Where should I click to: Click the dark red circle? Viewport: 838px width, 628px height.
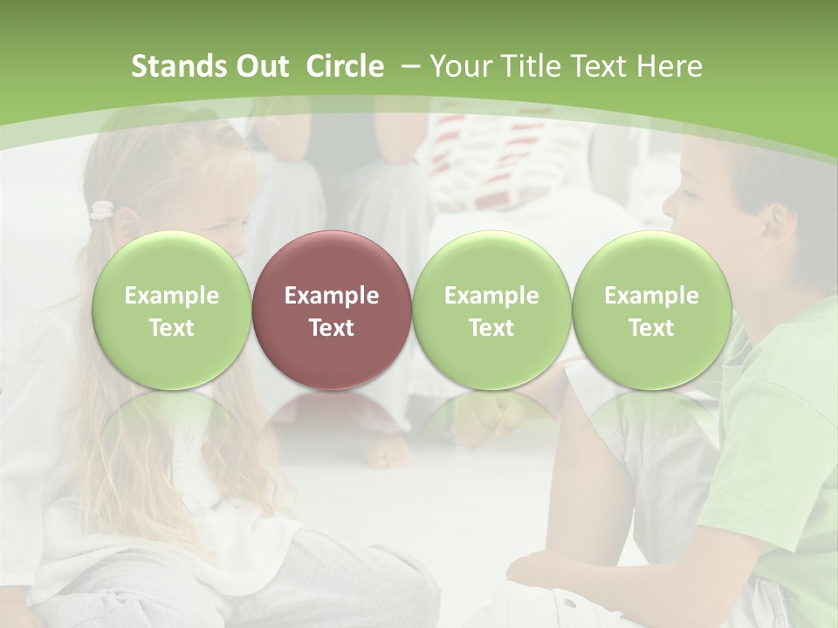click(331, 310)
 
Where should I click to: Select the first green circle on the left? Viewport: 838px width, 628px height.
click(171, 310)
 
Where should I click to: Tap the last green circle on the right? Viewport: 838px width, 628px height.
click(651, 310)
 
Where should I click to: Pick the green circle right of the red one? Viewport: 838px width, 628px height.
click(491, 310)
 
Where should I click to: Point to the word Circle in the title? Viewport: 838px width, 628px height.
click(345, 66)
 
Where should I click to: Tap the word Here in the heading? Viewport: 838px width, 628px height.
click(670, 66)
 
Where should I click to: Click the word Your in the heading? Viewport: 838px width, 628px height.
click(457, 66)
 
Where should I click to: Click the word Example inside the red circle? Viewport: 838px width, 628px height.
click(331, 296)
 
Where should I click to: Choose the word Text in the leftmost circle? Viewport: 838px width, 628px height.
click(171, 328)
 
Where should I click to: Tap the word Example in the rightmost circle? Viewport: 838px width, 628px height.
click(651, 296)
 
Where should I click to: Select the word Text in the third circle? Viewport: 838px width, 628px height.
click(491, 328)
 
